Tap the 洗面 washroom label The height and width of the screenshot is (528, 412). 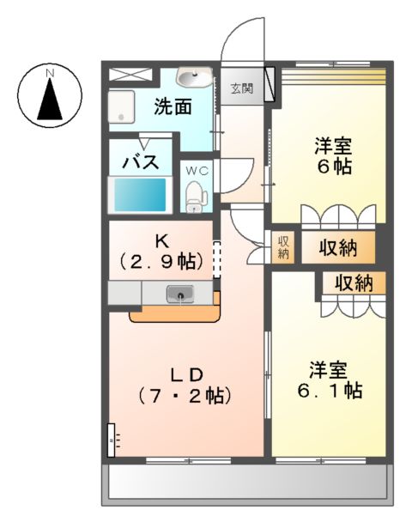[x=172, y=108]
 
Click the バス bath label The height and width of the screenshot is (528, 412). [x=137, y=161]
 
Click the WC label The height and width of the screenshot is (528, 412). [x=198, y=169]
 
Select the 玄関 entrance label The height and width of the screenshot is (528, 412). [x=241, y=88]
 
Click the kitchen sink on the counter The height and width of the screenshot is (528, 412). [x=181, y=295]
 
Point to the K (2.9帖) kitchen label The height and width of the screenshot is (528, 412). [x=160, y=250]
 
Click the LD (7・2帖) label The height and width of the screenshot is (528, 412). [x=184, y=385]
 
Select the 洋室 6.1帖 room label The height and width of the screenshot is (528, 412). [x=330, y=379]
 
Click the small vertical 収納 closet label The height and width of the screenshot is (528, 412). [x=283, y=247]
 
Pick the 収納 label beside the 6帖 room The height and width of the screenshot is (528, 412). [x=338, y=249]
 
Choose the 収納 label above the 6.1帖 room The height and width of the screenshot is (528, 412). [x=353, y=282]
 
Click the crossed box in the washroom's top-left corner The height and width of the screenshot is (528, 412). [x=124, y=75]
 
